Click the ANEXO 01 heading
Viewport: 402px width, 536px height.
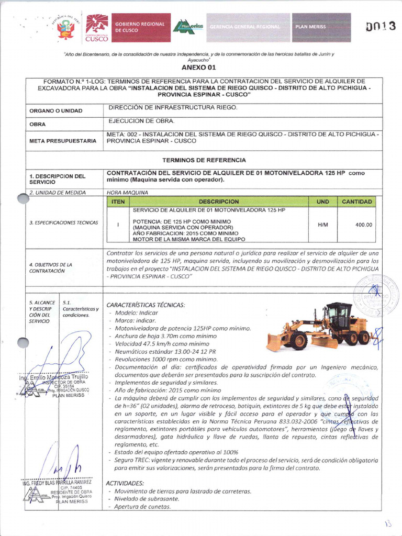click(198, 68)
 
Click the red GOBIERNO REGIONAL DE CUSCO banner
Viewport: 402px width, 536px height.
click(139, 28)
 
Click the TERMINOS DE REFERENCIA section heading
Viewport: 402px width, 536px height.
click(204, 160)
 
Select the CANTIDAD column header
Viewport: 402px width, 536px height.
click(357, 202)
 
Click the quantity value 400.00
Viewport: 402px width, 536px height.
click(363, 225)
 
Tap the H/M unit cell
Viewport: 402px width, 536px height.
click(323, 225)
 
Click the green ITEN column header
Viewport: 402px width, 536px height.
click(118, 202)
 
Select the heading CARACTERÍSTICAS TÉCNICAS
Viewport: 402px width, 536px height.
click(146, 305)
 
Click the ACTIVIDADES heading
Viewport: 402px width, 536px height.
click(125, 483)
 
